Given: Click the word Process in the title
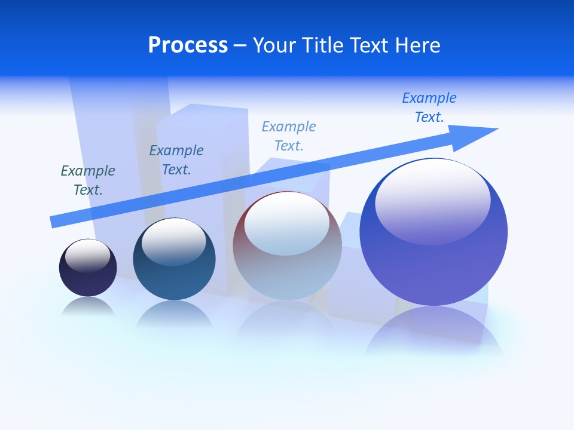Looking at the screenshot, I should coord(188,45).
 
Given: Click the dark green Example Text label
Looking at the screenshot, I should coord(88,180).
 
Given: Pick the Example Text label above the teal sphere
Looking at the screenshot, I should coord(176,160).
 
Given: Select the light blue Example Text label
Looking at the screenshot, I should coord(289,136).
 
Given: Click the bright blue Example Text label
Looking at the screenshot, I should coord(429,107).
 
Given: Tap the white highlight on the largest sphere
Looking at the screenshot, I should coord(432,194).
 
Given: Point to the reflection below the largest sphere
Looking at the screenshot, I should coord(433,334).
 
